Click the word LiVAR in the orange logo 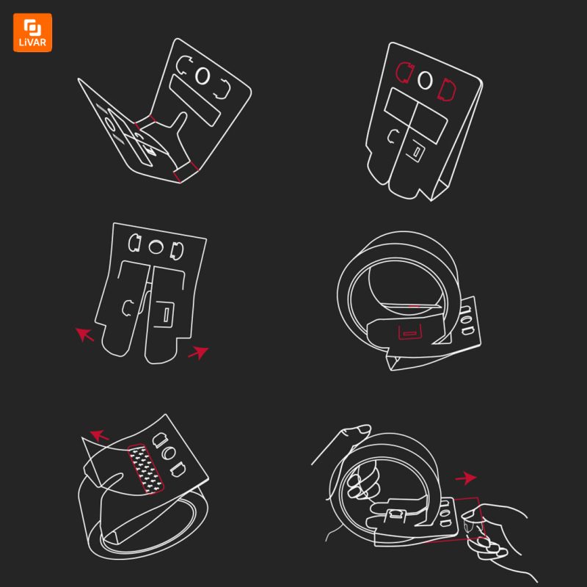[x=32, y=42]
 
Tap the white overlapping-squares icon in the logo [x=32, y=28]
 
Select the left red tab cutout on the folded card [x=405, y=72]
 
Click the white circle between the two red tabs [x=425, y=80]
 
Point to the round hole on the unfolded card [x=203, y=76]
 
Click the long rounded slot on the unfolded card [x=194, y=101]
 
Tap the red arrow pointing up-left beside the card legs [x=84, y=335]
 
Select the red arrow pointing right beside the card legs [x=198, y=353]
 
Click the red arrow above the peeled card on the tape [x=99, y=435]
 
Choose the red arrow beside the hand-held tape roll [x=466, y=478]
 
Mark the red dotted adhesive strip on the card [x=146, y=469]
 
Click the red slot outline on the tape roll [x=409, y=332]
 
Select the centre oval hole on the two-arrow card [x=156, y=247]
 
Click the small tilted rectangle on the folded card [x=417, y=151]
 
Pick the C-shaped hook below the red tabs [x=393, y=136]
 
